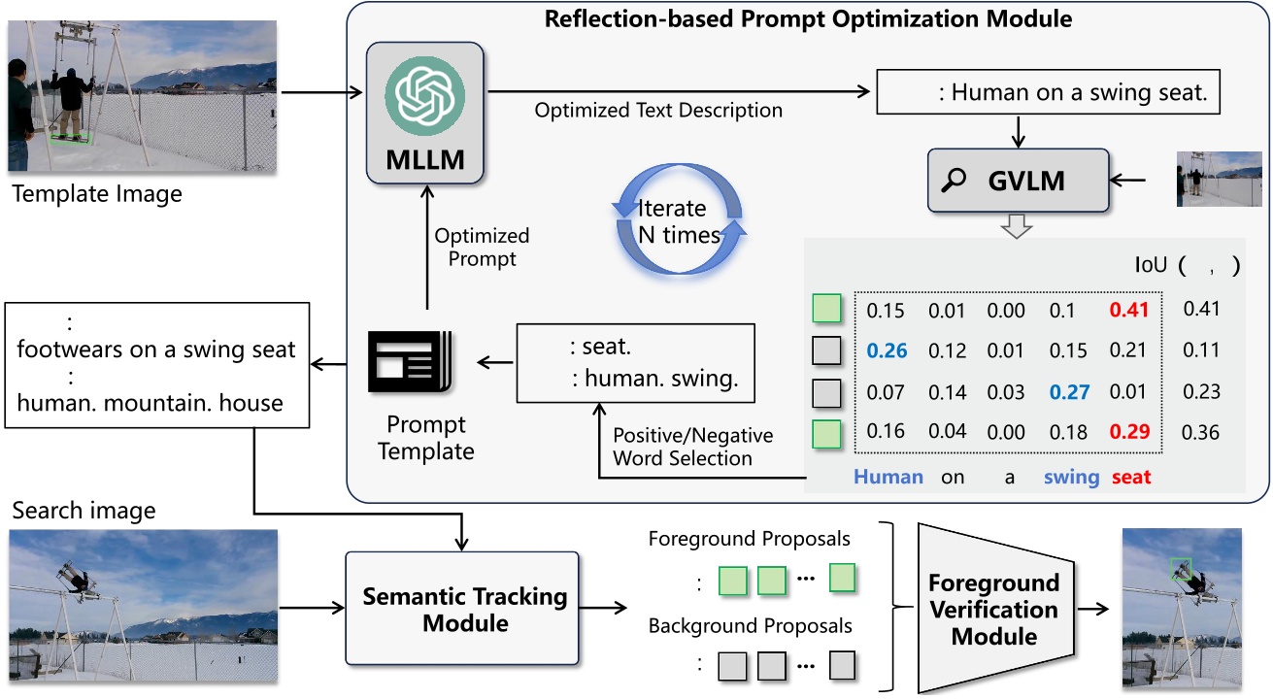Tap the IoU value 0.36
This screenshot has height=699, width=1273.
(x=1200, y=433)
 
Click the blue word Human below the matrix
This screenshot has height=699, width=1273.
(x=888, y=477)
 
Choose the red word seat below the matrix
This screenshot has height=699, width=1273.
(x=1130, y=477)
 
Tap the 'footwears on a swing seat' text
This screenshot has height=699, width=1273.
(x=156, y=349)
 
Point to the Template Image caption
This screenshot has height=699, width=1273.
(x=97, y=194)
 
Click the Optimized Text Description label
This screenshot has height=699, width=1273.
(x=658, y=110)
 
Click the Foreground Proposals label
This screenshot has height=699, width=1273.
(x=749, y=539)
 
